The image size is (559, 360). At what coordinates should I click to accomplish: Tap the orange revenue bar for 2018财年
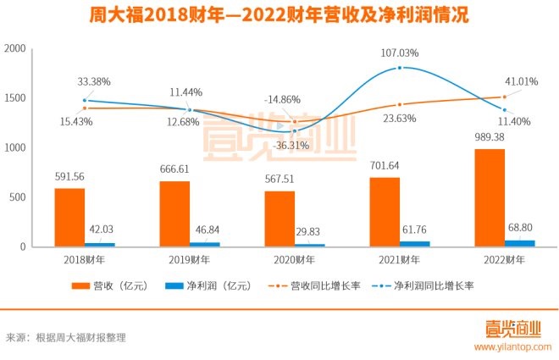pos(69,218)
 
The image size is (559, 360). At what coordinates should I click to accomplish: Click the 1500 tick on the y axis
pos(15,98)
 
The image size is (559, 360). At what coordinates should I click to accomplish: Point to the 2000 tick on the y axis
pos(15,49)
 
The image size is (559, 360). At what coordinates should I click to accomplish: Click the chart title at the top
pos(279,16)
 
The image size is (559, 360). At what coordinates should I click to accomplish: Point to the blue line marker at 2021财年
pos(399,68)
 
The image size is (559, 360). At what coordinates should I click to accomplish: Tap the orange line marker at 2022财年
pos(505,97)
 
